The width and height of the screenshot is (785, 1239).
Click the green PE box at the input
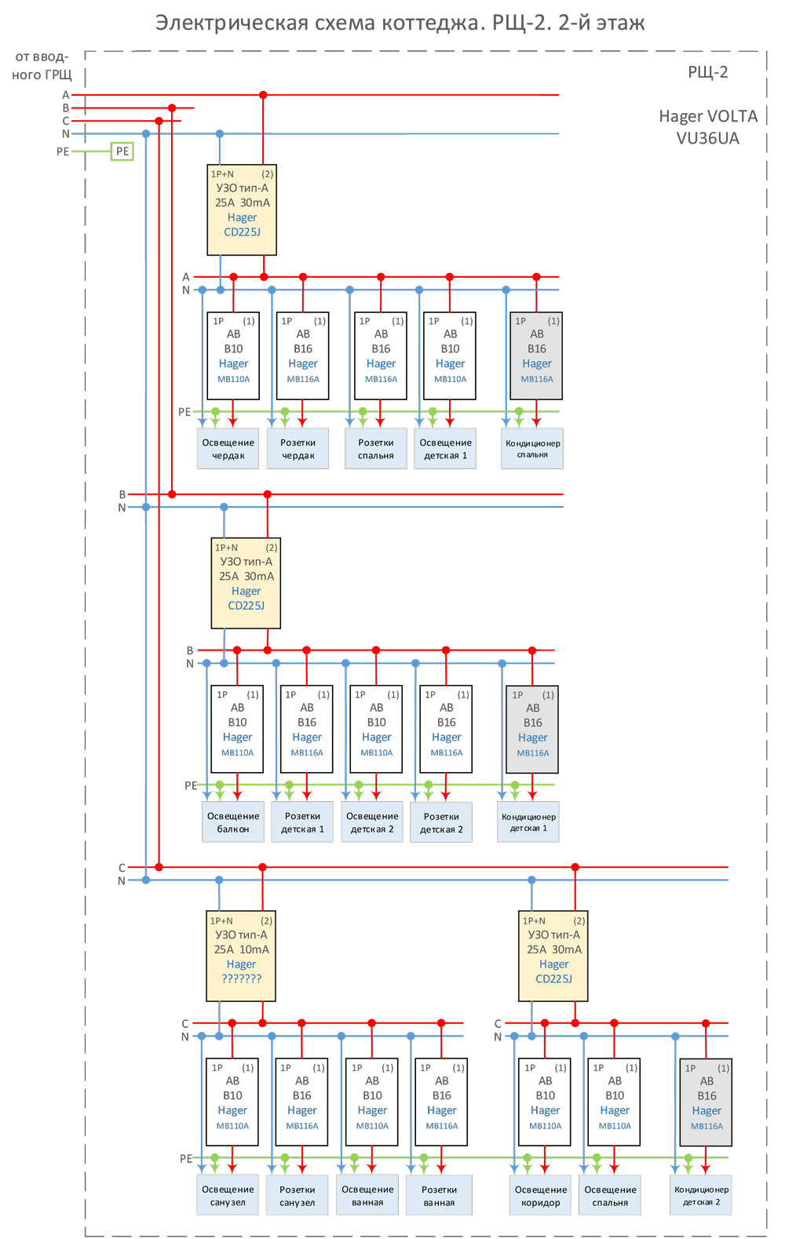point(122,151)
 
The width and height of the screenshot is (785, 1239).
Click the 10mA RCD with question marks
point(241,956)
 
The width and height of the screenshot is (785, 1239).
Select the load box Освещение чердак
point(228,449)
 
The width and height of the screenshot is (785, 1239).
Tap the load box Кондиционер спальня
point(532,449)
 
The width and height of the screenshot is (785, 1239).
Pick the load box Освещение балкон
point(233,822)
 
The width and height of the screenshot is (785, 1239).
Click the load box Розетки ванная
point(439,1195)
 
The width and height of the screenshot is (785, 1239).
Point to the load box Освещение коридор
point(541,1195)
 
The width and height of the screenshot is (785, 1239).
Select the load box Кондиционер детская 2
point(701,1195)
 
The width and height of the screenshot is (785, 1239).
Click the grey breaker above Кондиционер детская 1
point(532,730)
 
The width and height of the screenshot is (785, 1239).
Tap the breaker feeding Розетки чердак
point(303,355)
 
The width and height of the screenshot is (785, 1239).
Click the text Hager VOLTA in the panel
point(708,116)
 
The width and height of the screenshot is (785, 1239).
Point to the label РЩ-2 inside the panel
point(707,72)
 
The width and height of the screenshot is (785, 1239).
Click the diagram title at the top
point(400,23)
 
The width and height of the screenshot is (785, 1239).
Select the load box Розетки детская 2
point(441,822)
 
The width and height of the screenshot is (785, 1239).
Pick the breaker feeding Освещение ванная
point(372,1102)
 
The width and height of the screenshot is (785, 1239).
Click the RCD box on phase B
point(246,583)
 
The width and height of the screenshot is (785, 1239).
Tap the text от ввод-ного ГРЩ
point(42,66)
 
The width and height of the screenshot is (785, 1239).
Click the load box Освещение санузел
point(228,1195)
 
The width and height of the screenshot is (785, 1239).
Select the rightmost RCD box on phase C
point(553,956)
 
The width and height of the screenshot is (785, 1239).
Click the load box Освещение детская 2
point(372,822)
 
